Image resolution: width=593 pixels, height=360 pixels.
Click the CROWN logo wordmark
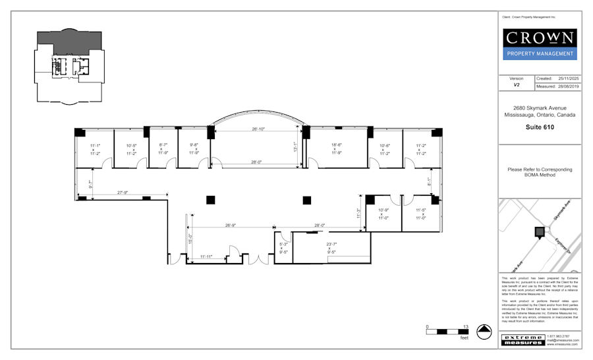(x=540, y=38)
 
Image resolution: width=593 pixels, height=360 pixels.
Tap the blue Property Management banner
(x=540, y=54)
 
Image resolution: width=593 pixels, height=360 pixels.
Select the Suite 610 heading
(x=540, y=127)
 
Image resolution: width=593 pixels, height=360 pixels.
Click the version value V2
(x=517, y=85)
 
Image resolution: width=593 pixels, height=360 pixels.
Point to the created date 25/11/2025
(x=567, y=78)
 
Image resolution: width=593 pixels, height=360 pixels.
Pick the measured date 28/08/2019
(x=567, y=86)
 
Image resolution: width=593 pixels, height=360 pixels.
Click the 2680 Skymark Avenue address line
(x=540, y=108)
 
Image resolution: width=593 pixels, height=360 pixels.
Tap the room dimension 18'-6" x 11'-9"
(x=336, y=149)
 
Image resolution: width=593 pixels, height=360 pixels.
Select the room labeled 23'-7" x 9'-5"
(x=331, y=248)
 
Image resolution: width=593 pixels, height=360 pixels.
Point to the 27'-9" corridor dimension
(x=122, y=193)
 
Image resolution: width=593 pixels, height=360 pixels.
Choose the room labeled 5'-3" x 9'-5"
(x=283, y=248)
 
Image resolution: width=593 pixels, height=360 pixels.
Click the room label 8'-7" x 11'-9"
(x=163, y=149)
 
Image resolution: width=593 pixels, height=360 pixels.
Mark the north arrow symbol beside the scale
(x=485, y=332)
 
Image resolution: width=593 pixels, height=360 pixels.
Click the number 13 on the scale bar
(x=466, y=327)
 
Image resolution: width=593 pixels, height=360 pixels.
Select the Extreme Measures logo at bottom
(x=523, y=340)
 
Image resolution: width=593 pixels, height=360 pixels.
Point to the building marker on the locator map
(x=540, y=231)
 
